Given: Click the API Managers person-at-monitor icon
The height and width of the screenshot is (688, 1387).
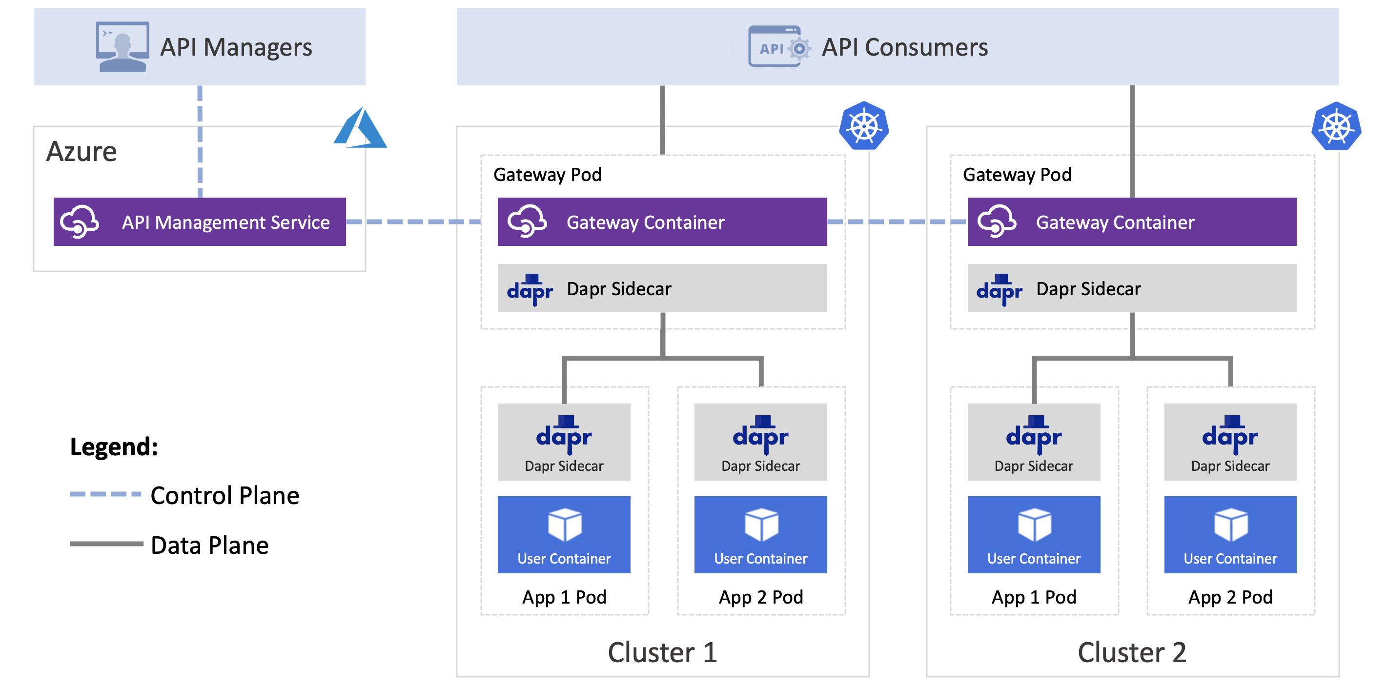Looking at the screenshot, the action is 122,46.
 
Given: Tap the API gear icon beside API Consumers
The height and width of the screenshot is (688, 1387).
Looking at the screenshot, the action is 779,46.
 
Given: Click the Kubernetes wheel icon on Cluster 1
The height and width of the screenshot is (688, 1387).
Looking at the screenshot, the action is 864,126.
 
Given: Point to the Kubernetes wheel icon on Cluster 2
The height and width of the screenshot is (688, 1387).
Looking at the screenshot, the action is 1336,126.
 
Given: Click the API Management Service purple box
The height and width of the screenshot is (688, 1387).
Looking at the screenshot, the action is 200,222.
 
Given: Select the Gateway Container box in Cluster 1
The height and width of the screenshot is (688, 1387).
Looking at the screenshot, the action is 662,222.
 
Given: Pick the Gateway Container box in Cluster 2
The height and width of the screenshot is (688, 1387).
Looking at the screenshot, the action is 1132,222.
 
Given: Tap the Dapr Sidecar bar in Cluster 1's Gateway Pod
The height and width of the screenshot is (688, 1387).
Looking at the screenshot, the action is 662,288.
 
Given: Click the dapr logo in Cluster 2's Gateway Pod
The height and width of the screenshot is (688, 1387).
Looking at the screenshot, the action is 999,290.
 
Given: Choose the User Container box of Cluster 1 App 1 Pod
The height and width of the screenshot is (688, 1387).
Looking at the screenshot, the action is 564,535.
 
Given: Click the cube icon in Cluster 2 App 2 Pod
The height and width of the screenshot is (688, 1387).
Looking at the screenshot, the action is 1230,525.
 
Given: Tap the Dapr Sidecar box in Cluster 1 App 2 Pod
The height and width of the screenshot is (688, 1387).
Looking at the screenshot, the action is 760,442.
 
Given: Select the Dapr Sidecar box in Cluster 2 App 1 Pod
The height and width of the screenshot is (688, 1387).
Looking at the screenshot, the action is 1034,442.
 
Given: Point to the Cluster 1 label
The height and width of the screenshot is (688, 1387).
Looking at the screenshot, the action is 662,652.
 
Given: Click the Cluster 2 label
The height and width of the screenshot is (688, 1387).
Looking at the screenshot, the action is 1132,652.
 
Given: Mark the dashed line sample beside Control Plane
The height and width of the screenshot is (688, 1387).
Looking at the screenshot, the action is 105,494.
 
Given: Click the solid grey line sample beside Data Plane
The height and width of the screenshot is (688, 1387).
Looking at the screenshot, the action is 106,544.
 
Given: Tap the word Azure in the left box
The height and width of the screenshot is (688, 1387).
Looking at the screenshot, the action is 82,151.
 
